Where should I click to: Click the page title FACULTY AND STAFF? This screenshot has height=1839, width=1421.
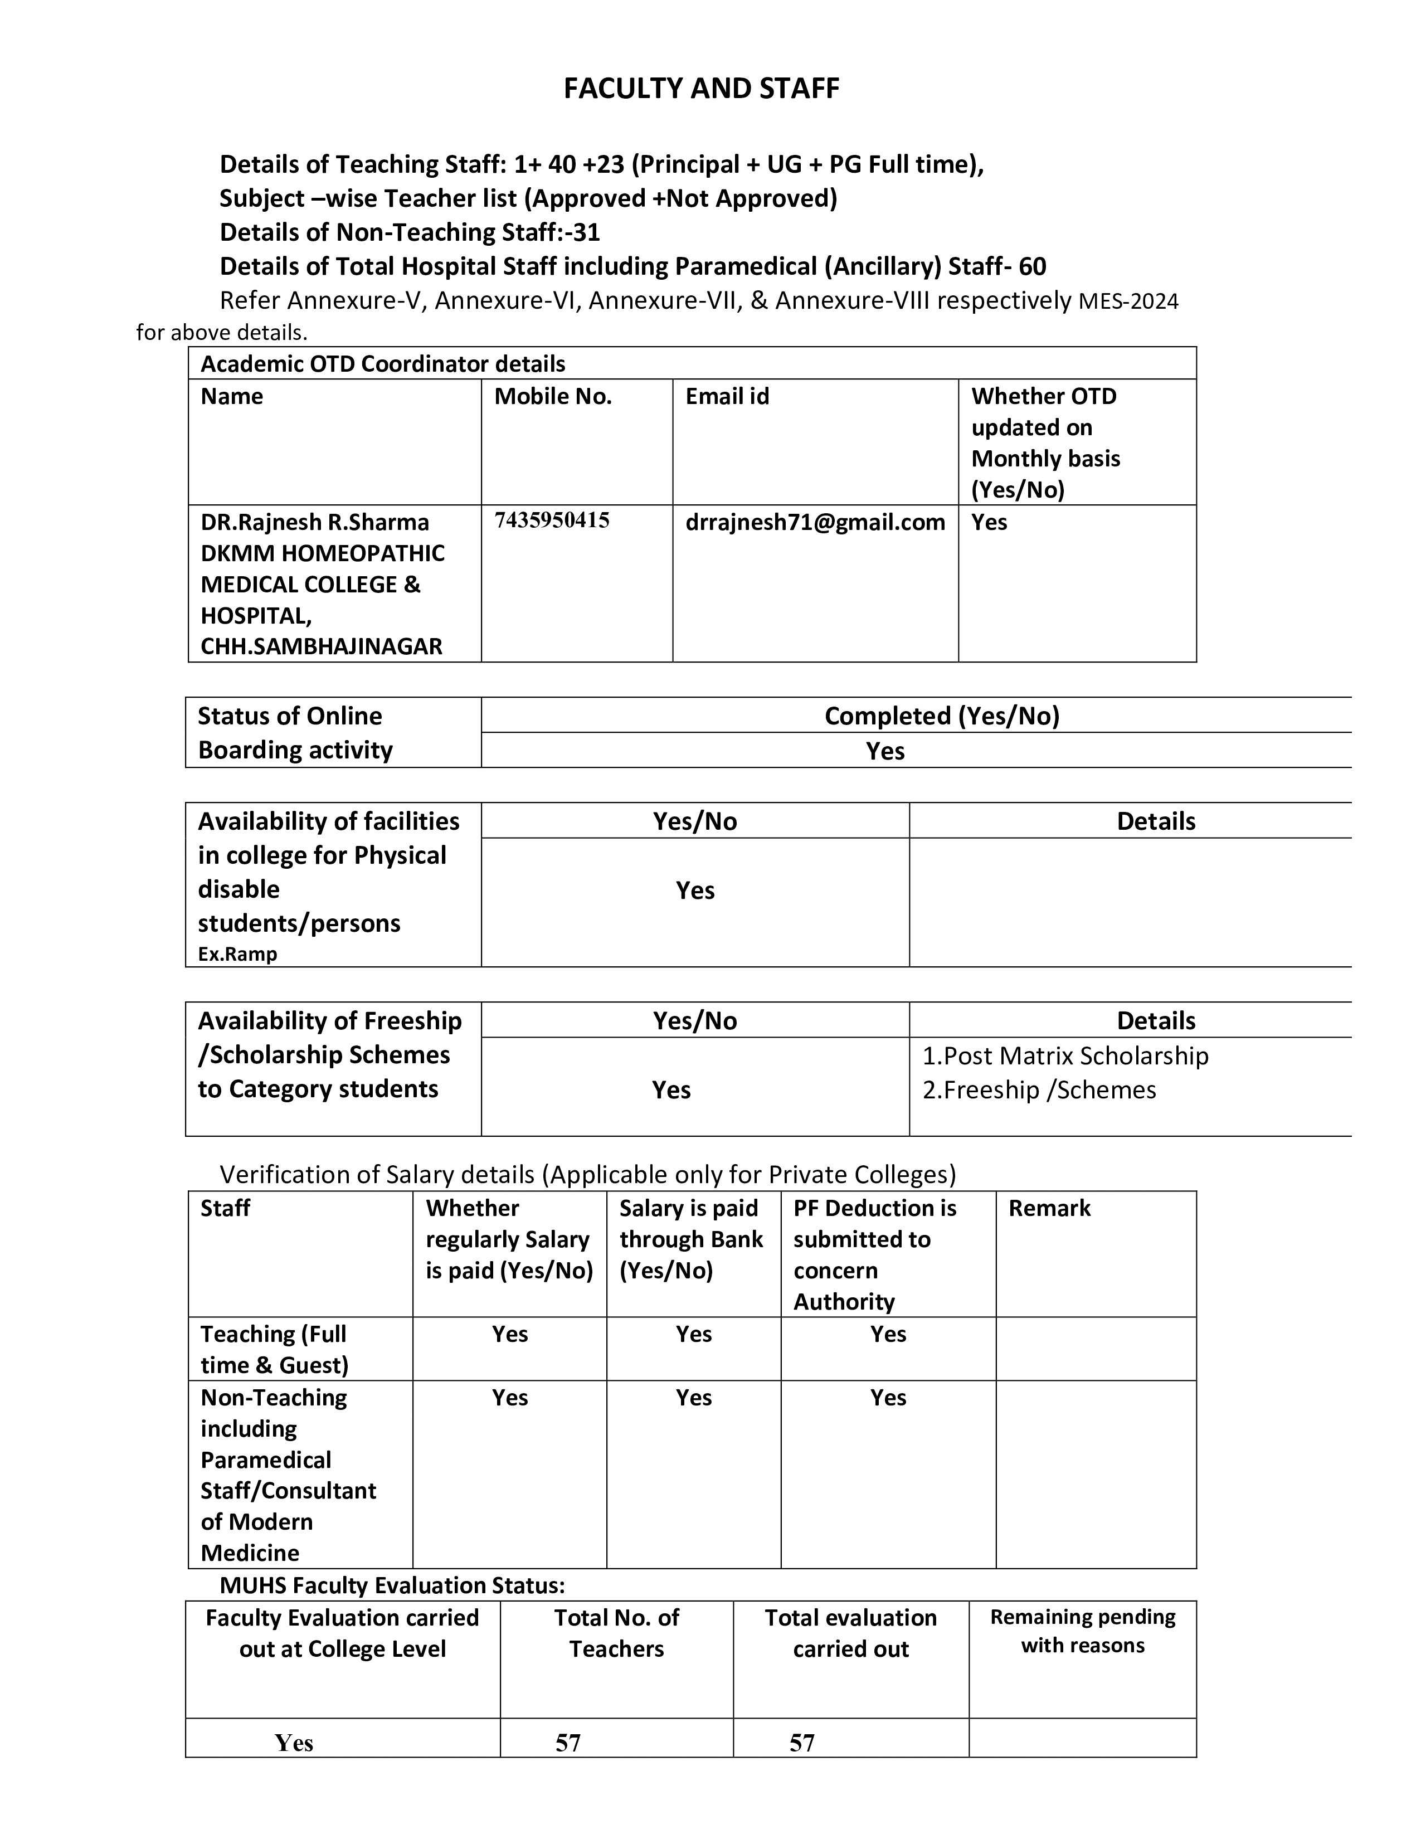[x=701, y=89]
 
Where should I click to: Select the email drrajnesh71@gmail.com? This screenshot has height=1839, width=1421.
[x=815, y=522]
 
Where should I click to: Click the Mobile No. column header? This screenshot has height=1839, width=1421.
[x=552, y=397]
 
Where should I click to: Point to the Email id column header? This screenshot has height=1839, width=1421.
[x=727, y=397]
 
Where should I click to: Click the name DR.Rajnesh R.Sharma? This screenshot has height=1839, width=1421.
[x=314, y=522]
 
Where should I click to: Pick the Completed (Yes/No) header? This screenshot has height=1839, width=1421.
[x=941, y=716]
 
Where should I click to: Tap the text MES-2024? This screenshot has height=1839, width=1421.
[x=1128, y=301]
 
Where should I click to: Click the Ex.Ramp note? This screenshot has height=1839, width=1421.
[x=237, y=954]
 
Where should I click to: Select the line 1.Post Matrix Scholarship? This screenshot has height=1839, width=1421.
[x=1065, y=1056]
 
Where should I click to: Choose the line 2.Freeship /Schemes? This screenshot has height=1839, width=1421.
[x=1039, y=1089]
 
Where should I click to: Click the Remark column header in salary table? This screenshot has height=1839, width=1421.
[x=1049, y=1208]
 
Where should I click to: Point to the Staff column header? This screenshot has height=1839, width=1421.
[x=225, y=1208]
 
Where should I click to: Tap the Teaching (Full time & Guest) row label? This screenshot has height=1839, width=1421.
[x=274, y=1349]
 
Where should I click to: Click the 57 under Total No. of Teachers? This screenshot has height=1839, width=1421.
[x=568, y=1743]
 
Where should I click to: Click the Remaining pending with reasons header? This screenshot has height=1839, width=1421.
[x=1083, y=1631]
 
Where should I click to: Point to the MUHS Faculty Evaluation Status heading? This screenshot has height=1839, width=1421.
[x=391, y=1585]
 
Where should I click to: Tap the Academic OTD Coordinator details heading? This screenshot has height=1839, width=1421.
[x=382, y=364]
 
